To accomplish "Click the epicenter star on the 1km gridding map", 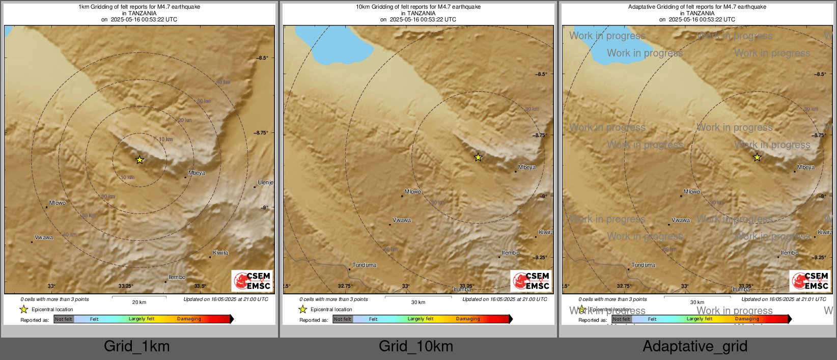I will pyautogui.click(x=139, y=160).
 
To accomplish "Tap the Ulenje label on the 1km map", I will pyautogui.click(x=265, y=182).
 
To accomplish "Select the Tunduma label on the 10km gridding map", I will pyautogui.click(x=365, y=265).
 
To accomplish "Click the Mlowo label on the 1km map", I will pyautogui.click(x=58, y=203).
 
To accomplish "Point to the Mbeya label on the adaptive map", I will pyautogui.click(x=806, y=167).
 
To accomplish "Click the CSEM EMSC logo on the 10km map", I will pyautogui.click(x=531, y=281).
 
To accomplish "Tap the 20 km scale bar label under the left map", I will pyautogui.click(x=139, y=302).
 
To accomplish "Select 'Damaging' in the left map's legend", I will pyautogui.click(x=189, y=319).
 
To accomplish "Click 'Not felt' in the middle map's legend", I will pyautogui.click(x=343, y=319).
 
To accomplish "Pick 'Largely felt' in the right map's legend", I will pyautogui.click(x=700, y=319).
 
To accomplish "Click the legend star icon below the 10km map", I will pyautogui.click(x=303, y=309).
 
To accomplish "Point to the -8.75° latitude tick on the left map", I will pyautogui.click(x=261, y=132).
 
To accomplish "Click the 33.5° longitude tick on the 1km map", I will pyautogui.click(x=200, y=286).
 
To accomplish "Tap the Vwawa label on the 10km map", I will pyautogui.click(x=402, y=220).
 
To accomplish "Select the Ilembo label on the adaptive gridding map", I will pyautogui.click(x=790, y=253).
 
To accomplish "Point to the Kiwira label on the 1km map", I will pyautogui.click(x=220, y=253).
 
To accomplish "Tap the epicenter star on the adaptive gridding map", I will pyautogui.click(x=757, y=158).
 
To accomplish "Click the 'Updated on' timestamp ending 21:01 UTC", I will pyautogui.click(x=784, y=299).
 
